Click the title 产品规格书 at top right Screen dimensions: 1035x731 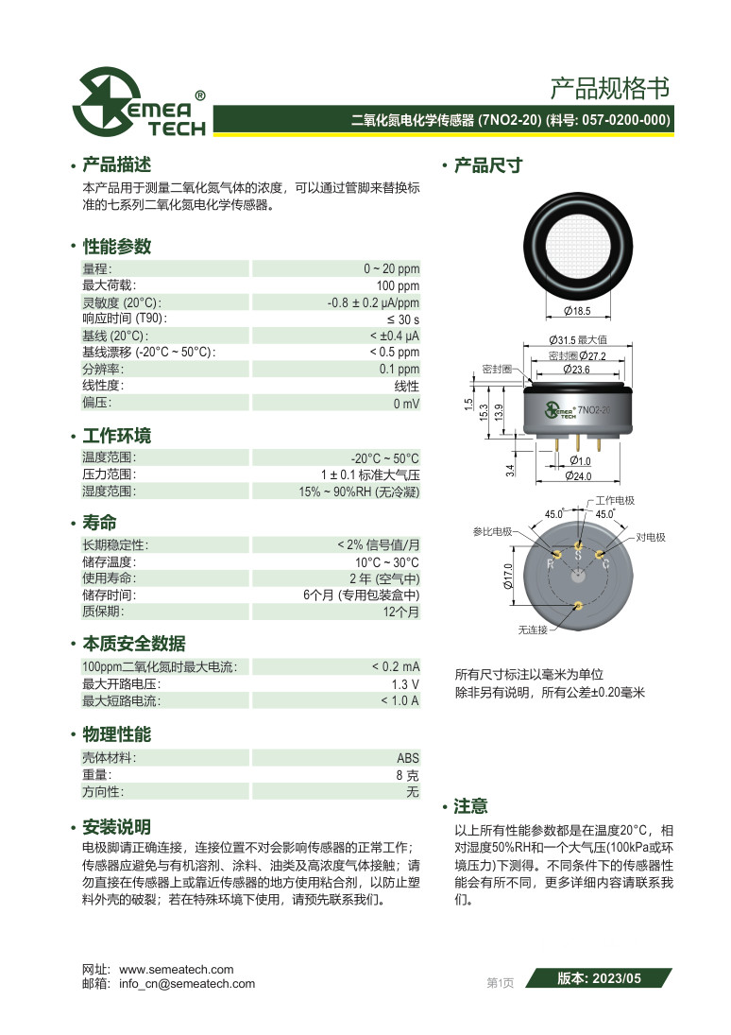(610, 89)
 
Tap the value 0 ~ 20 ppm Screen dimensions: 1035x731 (391, 268)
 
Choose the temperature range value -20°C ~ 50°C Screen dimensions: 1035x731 (384, 457)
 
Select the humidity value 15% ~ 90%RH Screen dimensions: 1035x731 (359, 492)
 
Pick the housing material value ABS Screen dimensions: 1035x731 (407, 758)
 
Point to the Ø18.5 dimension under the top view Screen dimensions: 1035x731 (576, 310)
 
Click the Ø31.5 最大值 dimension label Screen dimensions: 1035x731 (578, 339)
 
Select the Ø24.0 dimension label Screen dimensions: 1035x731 (577, 476)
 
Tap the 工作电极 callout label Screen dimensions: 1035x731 (615, 500)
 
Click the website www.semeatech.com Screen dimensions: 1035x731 (176, 969)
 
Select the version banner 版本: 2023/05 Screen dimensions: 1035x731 (599, 979)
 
